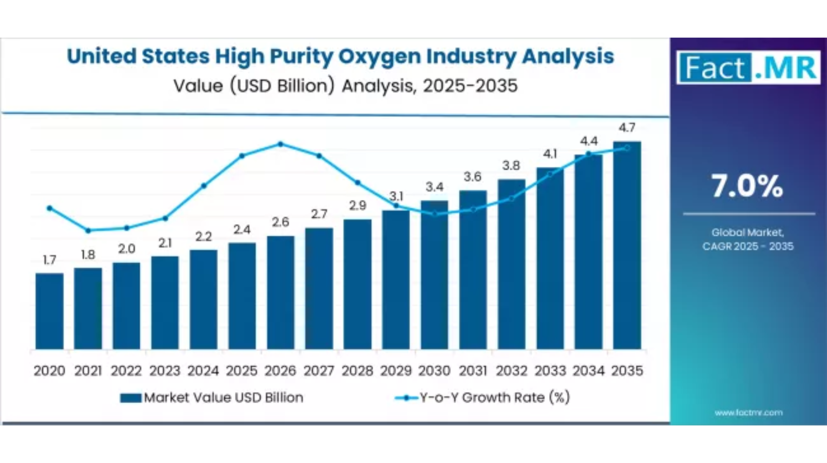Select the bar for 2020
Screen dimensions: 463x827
click(x=50, y=311)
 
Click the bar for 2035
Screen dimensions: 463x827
click(x=627, y=245)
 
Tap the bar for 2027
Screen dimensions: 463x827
click(x=319, y=288)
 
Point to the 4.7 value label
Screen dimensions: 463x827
click(x=627, y=127)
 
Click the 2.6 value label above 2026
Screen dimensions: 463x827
click(x=281, y=222)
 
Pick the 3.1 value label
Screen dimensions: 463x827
click(x=396, y=196)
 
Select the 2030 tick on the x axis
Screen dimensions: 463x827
click(x=434, y=371)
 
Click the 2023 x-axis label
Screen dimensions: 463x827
click(x=164, y=371)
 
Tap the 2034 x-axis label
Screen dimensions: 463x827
click(x=589, y=371)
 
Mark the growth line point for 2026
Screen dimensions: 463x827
click(x=281, y=144)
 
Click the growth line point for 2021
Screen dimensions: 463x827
click(x=88, y=230)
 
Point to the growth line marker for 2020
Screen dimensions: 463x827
click(x=50, y=208)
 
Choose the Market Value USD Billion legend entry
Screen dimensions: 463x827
click(x=212, y=397)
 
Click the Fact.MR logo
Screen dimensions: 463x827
click(x=748, y=68)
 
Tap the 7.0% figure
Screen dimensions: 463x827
click(x=747, y=186)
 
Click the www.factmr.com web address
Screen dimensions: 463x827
click(x=748, y=412)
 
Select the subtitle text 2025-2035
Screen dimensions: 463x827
click(x=470, y=86)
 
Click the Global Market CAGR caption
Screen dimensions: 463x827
click(x=748, y=239)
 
